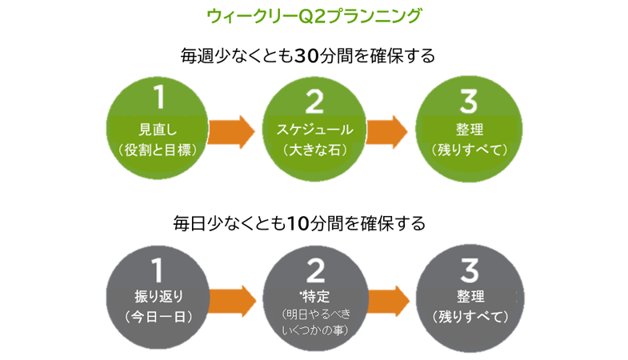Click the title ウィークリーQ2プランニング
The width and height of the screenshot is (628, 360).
(313, 15)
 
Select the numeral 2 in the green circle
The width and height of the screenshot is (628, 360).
(314, 100)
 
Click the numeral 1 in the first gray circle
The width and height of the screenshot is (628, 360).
(158, 265)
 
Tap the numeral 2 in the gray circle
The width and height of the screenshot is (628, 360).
(314, 265)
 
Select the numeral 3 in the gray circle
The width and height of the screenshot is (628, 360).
(470, 266)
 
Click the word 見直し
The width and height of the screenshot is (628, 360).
(157, 129)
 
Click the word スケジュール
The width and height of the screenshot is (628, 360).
(314, 129)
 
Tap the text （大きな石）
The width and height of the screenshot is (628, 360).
(314, 149)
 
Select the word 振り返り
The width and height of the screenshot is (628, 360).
(157, 296)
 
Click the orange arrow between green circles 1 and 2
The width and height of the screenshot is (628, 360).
(233, 131)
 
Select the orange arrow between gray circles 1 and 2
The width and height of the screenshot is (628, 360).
(233, 299)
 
